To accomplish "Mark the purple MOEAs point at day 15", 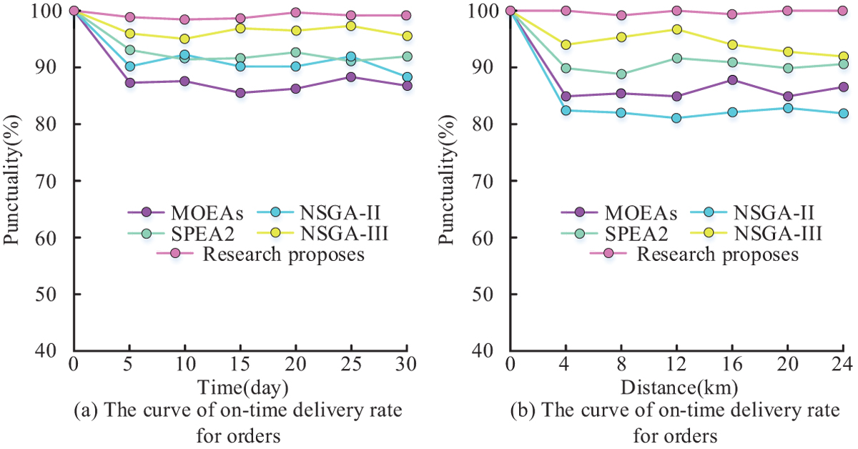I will (x=240, y=93).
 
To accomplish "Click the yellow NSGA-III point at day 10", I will (x=184, y=39).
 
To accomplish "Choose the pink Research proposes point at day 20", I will (x=296, y=12).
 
